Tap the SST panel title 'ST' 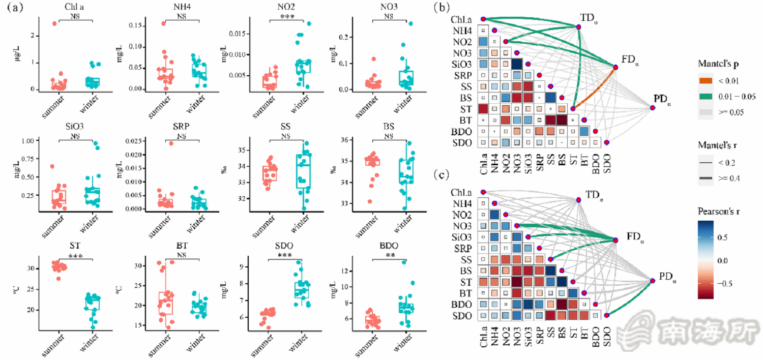pyautogui.click(x=76, y=246)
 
